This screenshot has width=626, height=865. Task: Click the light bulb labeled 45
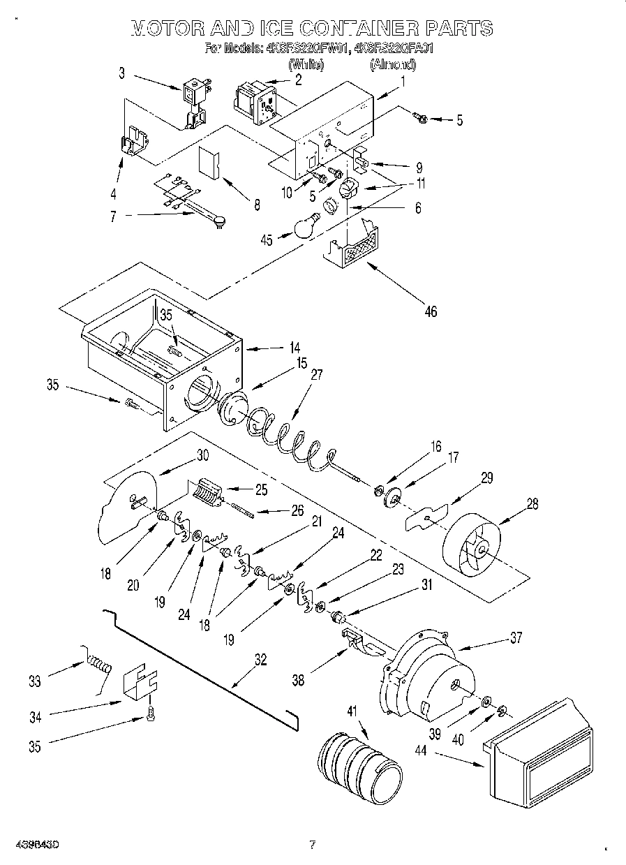tap(304, 228)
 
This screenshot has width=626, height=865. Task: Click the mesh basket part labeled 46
tap(353, 249)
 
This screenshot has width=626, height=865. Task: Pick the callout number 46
tap(431, 311)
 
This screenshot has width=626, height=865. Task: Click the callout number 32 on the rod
tap(260, 658)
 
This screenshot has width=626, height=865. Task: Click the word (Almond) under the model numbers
tap(393, 65)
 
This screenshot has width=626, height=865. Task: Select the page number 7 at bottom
tap(312, 845)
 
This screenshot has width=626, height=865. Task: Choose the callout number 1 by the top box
tap(403, 80)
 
